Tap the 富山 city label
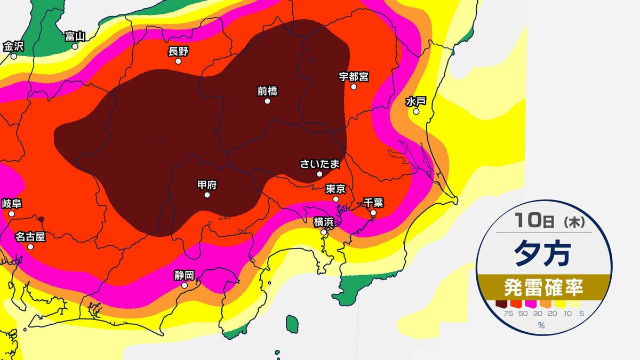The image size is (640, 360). [x=75, y=36]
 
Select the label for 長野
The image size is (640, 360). [x=178, y=51]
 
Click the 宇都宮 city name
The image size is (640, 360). [x=354, y=76]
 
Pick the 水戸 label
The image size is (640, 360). [x=415, y=101]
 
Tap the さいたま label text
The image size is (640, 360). [x=319, y=164]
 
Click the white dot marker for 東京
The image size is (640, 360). [x=336, y=199]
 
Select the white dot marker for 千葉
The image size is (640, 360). [x=373, y=213]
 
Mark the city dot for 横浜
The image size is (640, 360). [x=324, y=232]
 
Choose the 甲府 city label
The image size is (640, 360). [x=207, y=185]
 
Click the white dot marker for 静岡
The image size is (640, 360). [x=185, y=285]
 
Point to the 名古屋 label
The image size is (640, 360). [x=30, y=236]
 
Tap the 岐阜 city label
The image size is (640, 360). [x=11, y=203]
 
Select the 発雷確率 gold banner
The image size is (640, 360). [x=543, y=288]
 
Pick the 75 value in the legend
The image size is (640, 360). [x=501, y=314]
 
